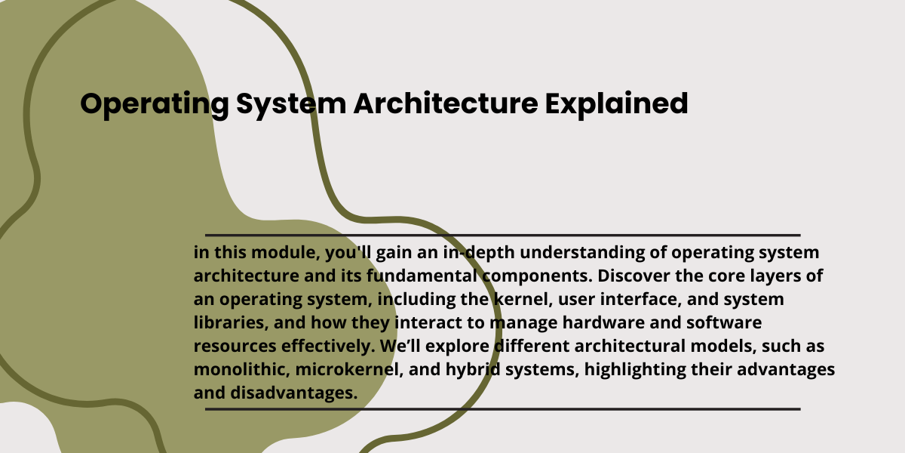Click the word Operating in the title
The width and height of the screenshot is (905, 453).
tap(155, 105)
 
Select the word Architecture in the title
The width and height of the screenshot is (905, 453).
tap(446, 103)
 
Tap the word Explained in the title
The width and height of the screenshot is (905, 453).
tap(617, 105)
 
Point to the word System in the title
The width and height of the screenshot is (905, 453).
tap(291, 105)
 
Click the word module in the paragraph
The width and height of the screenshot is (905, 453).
tap(286, 253)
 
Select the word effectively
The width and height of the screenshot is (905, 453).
tap(328, 347)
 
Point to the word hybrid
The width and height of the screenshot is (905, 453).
tap(473, 371)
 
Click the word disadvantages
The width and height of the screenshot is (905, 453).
tap(293, 393)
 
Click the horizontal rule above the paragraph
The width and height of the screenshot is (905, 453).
tap(502, 235)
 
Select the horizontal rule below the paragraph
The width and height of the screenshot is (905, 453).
tap(502, 409)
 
